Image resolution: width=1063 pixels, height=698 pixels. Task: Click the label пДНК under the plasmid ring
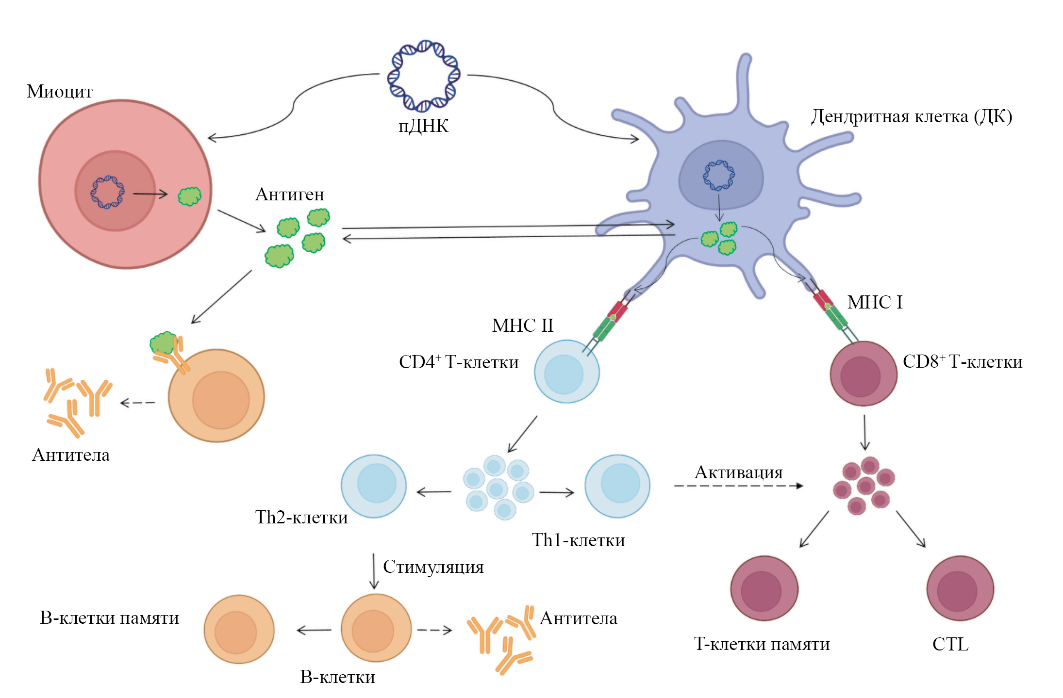pos(423,126)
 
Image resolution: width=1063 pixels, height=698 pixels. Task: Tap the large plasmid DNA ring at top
pos(424,76)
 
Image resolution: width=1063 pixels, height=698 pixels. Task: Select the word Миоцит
pos(59,92)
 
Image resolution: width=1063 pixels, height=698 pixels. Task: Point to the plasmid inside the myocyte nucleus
pos(107,192)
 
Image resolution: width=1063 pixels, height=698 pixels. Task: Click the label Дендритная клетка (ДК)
pos(911,117)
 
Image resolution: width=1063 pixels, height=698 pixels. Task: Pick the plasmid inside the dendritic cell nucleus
pos(719,175)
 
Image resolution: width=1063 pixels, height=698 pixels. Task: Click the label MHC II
pos(523,325)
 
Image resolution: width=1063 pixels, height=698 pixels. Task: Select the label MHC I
pos(875,302)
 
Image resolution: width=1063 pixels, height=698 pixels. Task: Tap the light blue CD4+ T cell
pos(566,372)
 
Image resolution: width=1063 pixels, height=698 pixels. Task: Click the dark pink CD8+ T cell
pos(863,373)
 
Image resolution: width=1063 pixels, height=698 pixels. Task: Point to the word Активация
pos(738,472)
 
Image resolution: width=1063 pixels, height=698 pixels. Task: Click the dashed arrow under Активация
pos(738,486)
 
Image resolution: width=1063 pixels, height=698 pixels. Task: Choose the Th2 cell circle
pos(374,486)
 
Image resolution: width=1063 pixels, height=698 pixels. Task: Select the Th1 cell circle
pos(617,486)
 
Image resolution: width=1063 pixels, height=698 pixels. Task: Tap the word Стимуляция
pos(433,567)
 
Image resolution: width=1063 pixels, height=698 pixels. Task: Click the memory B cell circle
pos(239,630)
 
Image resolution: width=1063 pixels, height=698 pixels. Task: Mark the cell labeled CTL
pos(960,588)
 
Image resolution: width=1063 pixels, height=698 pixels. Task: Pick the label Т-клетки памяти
pos(762,644)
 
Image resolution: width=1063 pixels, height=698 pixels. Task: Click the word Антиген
pos(290,195)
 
